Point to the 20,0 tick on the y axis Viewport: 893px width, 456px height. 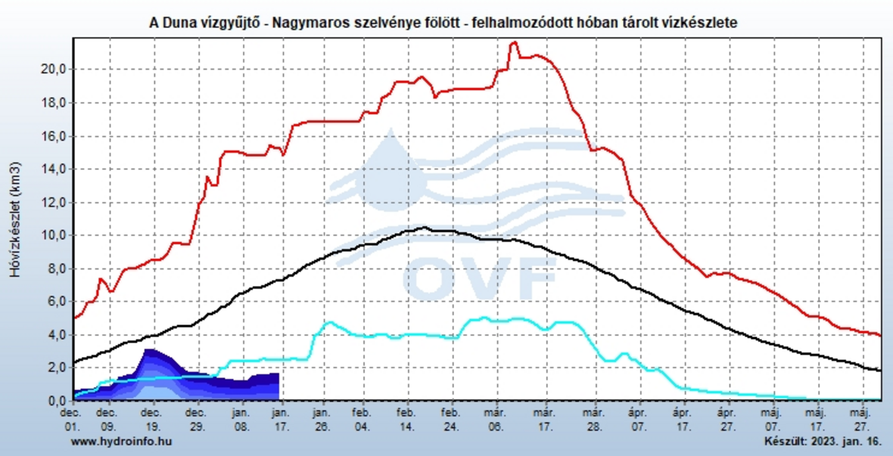click(56, 70)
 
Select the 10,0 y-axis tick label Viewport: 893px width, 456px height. click(56, 235)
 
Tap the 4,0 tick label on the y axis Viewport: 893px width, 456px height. click(58, 335)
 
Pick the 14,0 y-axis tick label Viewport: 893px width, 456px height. click(56, 169)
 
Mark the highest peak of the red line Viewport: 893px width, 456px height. click(514, 42)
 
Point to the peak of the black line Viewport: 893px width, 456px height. click(425, 227)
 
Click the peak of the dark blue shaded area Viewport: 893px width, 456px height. click(149, 349)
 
